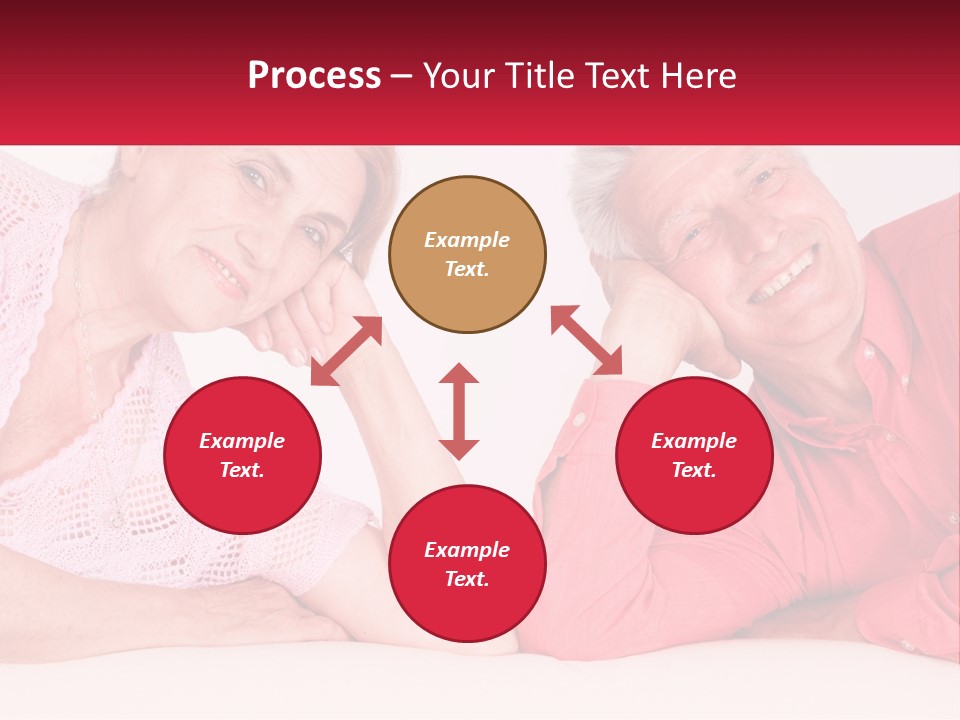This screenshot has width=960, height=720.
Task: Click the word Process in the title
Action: tap(314, 76)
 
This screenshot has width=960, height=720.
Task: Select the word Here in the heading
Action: tap(698, 76)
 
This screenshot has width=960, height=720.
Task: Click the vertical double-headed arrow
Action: tap(459, 411)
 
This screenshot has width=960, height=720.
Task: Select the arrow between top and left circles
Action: tap(346, 351)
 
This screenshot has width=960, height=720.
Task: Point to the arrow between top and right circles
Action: tap(586, 340)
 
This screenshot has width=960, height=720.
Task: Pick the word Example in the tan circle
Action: tap(467, 240)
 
